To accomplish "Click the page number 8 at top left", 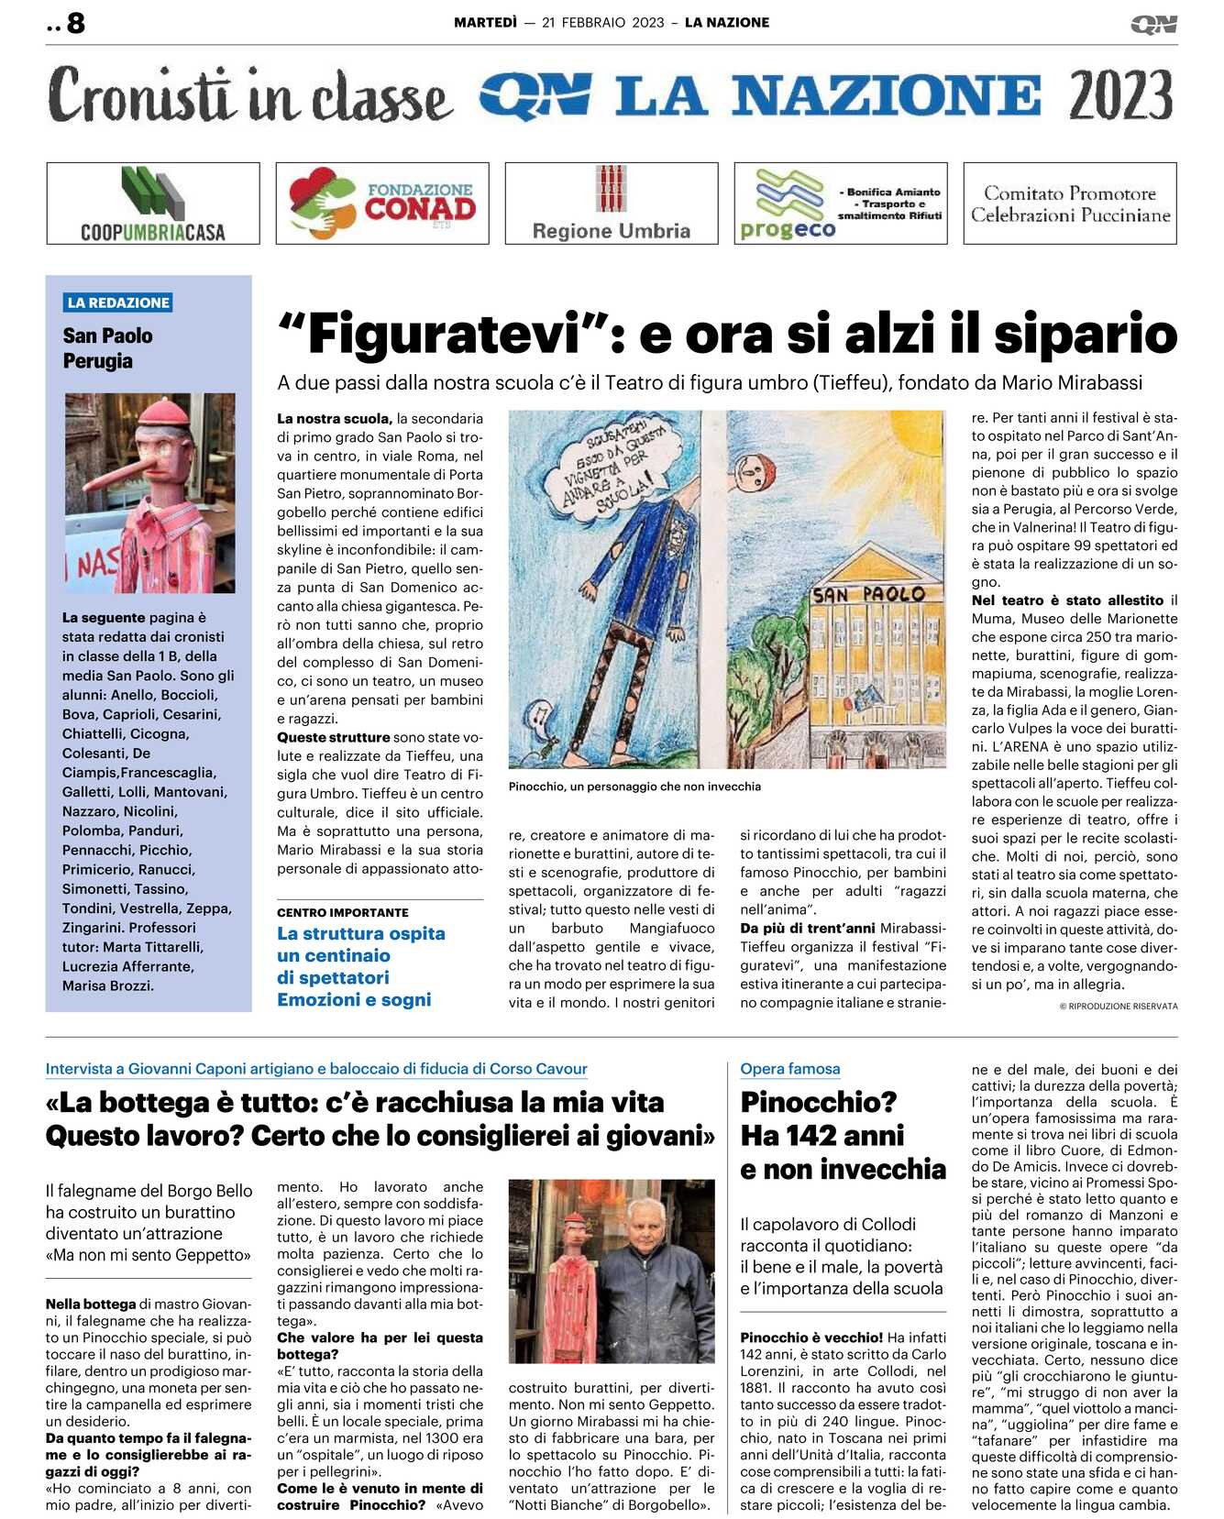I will [75, 23].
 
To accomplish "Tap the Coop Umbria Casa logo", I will [153, 204].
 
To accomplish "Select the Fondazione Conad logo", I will [382, 204].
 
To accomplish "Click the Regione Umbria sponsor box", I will [612, 204].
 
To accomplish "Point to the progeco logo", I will [788, 205].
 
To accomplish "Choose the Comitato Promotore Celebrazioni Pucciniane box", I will [1070, 204].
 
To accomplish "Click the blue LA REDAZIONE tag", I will [118, 303].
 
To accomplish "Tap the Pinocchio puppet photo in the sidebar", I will [149, 492].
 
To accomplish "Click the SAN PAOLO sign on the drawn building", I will [868, 594].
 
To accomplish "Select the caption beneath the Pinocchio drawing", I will [634, 787].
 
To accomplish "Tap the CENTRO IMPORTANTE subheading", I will [343, 913].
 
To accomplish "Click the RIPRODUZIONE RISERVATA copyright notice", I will [1119, 1007].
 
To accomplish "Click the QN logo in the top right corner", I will [1153, 24].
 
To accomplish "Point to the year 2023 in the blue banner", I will [1120, 95].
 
